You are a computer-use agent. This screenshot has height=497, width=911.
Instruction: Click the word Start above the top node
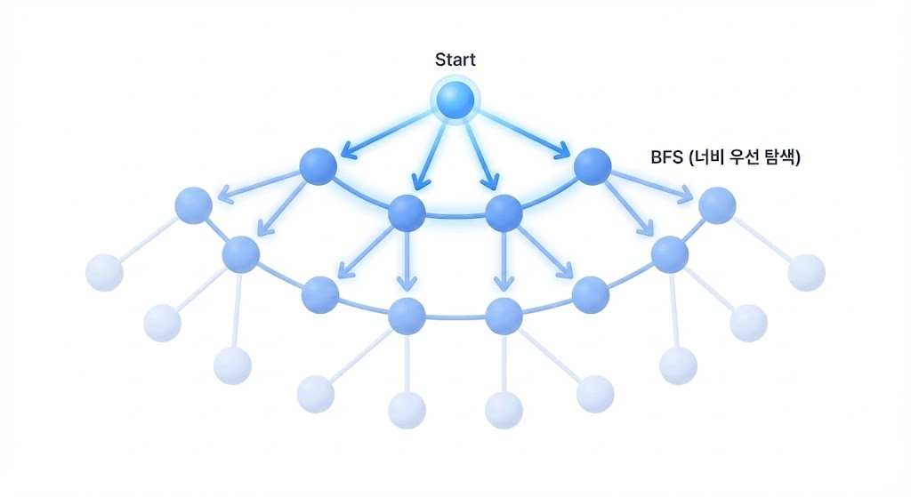coord(455,60)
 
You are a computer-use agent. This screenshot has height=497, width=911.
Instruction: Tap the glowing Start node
coord(455,99)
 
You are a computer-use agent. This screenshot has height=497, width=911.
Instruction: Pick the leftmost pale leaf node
coord(104,272)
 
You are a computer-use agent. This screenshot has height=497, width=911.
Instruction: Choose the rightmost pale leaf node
coord(806,272)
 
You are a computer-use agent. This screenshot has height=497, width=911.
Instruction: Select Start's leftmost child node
coord(318,166)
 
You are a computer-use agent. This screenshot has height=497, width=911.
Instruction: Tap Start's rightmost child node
coord(593,166)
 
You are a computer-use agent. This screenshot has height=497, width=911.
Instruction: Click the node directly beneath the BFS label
coord(717,206)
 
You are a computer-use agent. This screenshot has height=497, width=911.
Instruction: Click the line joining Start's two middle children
coord(455,215)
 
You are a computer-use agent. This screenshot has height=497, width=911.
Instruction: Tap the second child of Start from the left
coord(407,212)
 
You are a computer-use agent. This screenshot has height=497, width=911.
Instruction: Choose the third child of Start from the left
coord(504,212)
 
